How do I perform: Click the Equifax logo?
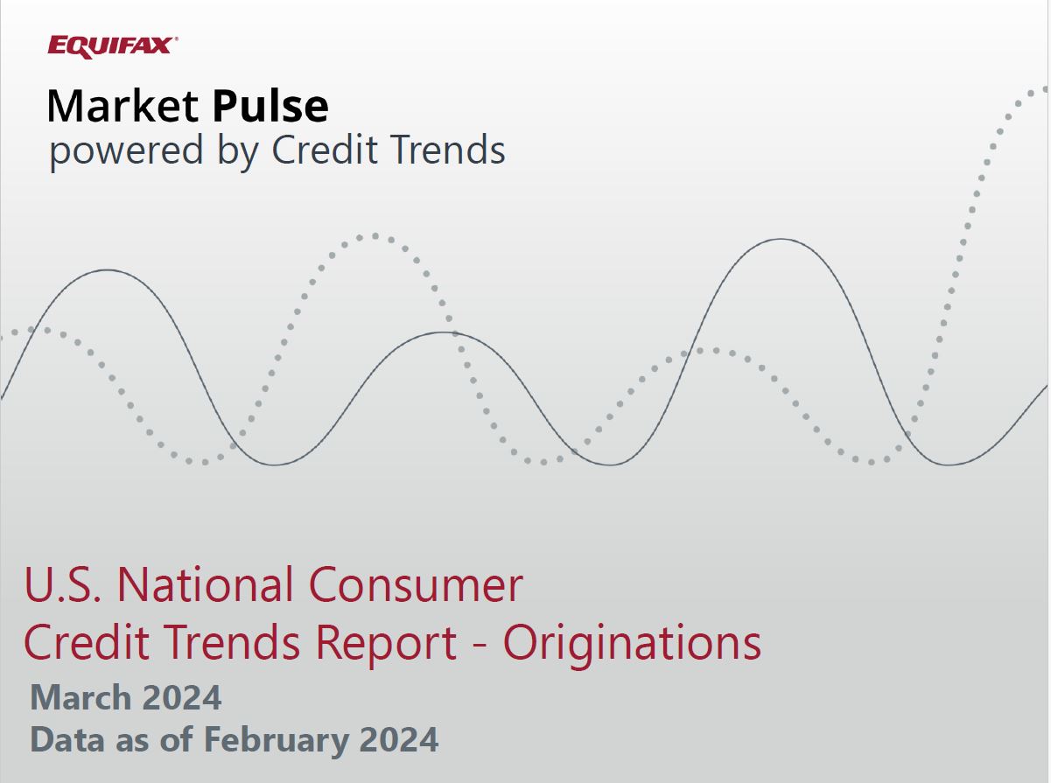(x=113, y=47)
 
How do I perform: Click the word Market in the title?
(x=123, y=106)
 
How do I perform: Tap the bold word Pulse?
(x=270, y=106)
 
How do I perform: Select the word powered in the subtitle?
(x=126, y=151)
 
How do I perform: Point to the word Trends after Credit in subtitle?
(x=448, y=150)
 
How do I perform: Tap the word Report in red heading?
(x=385, y=644)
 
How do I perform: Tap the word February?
(x=277, y=740)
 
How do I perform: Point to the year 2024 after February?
(x=399, y=739)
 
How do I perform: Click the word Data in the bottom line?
(x=67, y=739)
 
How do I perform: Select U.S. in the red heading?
(x=63, y=584)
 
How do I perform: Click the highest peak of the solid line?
(x=781, y=239)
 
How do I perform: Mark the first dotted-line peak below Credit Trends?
(x=375, y=236)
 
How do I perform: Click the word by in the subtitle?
(x=237, y=151)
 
